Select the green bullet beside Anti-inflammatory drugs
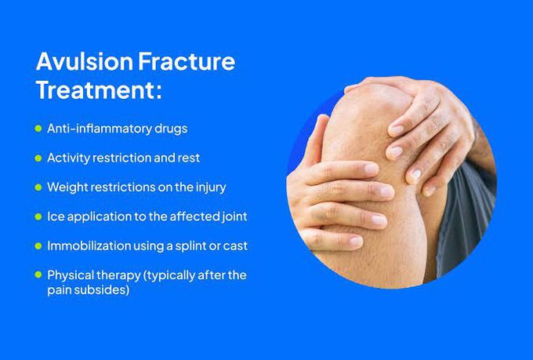point(38,129)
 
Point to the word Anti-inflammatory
point(96,129)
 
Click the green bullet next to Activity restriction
point(38,158)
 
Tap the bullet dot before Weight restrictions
point(38,187)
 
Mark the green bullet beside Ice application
point(38,216)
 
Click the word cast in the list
point(234,245)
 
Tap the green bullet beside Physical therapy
point(38,275)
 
